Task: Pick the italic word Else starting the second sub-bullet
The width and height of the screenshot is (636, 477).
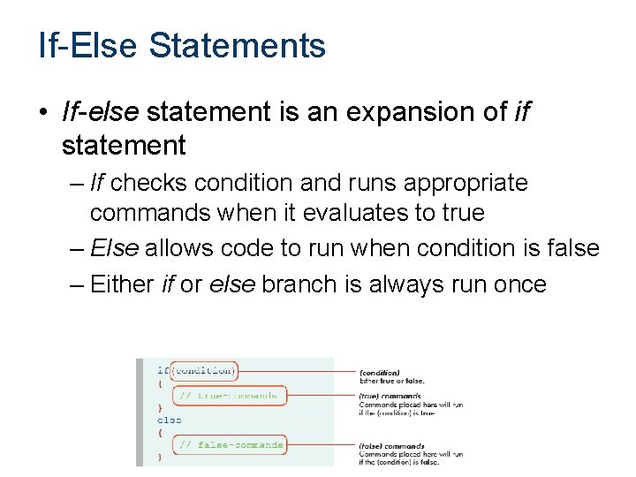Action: (x=114, y=248)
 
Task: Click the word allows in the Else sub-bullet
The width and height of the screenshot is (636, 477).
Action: (x=179, y=248)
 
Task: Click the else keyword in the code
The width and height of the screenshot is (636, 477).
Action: (x=169, y=420)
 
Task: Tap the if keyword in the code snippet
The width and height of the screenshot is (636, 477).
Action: (x=163, y=371)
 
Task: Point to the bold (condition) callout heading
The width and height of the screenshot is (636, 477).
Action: (x=379, y=373)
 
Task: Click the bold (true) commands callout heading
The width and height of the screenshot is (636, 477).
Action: (x=390, y=397)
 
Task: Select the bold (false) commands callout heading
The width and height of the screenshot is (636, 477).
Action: (x=391, y=446)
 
